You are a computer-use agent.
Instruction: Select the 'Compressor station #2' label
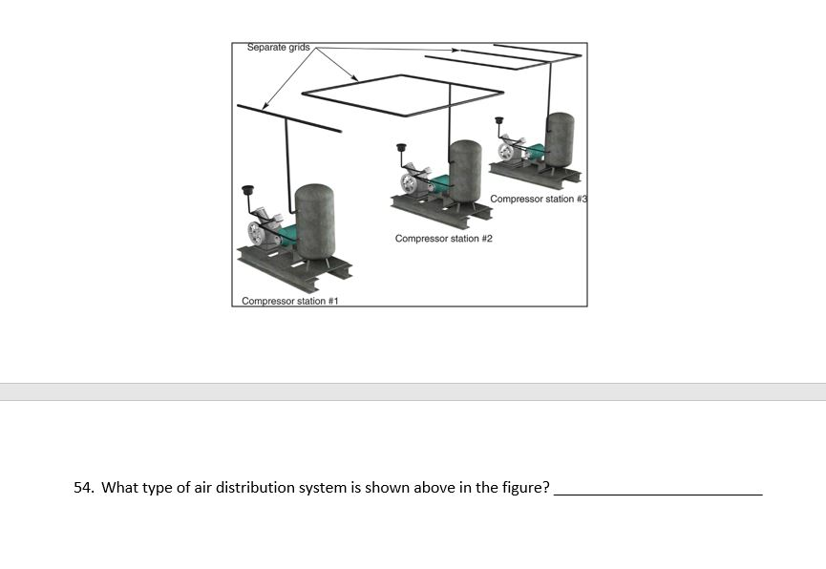[x=443, y=238]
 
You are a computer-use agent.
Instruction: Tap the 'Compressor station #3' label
[x=537, y=199]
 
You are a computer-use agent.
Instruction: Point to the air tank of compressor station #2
[x=465, y=171]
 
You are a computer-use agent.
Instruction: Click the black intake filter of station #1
[x=249, y=191]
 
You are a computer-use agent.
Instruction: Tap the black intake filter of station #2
[x=401, y=148]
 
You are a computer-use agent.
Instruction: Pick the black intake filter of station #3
[x=499, y=120]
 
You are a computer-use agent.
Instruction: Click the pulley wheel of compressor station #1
[x=257, y=234]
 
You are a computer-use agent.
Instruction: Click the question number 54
[x=84, y=488]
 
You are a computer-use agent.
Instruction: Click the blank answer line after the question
[x=658, y=492]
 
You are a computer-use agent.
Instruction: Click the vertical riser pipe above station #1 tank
[x=286, y=153]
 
